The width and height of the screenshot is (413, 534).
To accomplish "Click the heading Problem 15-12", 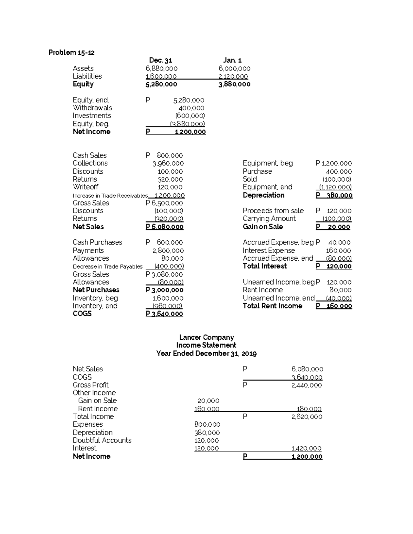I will pos(71,53).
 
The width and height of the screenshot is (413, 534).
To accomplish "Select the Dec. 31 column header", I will pos(160,61).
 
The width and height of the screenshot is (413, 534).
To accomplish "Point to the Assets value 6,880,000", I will pos(161,68).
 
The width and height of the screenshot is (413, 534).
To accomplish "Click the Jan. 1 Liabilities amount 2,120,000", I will pos(233,76).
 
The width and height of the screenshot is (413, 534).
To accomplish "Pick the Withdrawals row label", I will pos(92,108).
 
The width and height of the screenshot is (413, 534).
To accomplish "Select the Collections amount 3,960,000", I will pos(168,163).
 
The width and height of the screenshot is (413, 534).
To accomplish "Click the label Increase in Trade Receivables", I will pos(110,196).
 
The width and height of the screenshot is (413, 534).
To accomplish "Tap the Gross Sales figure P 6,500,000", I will pos(164,203).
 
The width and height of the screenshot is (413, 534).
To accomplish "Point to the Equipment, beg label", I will pos(267,163).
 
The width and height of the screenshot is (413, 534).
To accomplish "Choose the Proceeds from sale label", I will pos(273,211).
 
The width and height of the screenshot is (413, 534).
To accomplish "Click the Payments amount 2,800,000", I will pos(168,251).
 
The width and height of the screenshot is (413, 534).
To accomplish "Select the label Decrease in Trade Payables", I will pos(107,266).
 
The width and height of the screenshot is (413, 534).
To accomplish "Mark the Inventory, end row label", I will pos(95,306).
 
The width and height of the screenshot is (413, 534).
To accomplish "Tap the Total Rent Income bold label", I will pos(272,306).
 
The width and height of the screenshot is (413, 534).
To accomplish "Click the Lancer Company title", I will pos(206,337).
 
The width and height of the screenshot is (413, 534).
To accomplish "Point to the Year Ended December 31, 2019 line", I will pos(206,353).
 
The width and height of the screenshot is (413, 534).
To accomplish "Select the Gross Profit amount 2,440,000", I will pos(306,385).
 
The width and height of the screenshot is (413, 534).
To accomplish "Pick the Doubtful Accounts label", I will pos(102,440).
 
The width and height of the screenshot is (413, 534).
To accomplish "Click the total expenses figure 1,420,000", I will pos(306,448).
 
